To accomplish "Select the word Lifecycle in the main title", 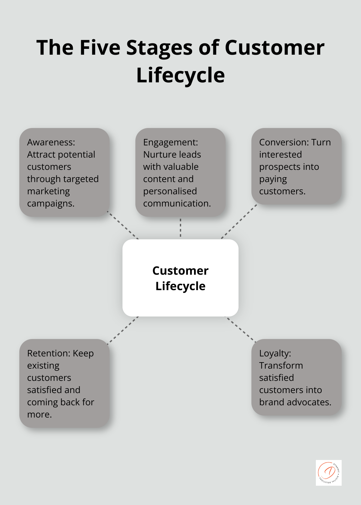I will pyautogui.click(x=180, y=75).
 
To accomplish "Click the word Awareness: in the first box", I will pyautogui.click(x=51, y=142).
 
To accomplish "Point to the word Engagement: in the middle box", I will pyautogui.click(x=171, y=142).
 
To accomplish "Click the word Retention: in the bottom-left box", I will pyautogui.click(x=49, y=353).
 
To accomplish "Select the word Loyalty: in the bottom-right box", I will pyautogui.click(x=275, y=353).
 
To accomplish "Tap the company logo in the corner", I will pyautogui.click(x=328, y=473).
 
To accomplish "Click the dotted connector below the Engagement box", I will pyautogui.click(x=180, y=228).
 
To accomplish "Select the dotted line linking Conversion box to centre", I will pyautogui.click(x=239, y=222).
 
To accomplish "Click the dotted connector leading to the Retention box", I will pyautogui.click(x=123, y=330).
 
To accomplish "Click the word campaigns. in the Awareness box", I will pyautogui.click(x=51, y=204).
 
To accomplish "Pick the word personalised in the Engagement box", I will pyautogui.click(x=170, y=191).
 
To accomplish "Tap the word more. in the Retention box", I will pyautogui.click(x=39, y=414).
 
